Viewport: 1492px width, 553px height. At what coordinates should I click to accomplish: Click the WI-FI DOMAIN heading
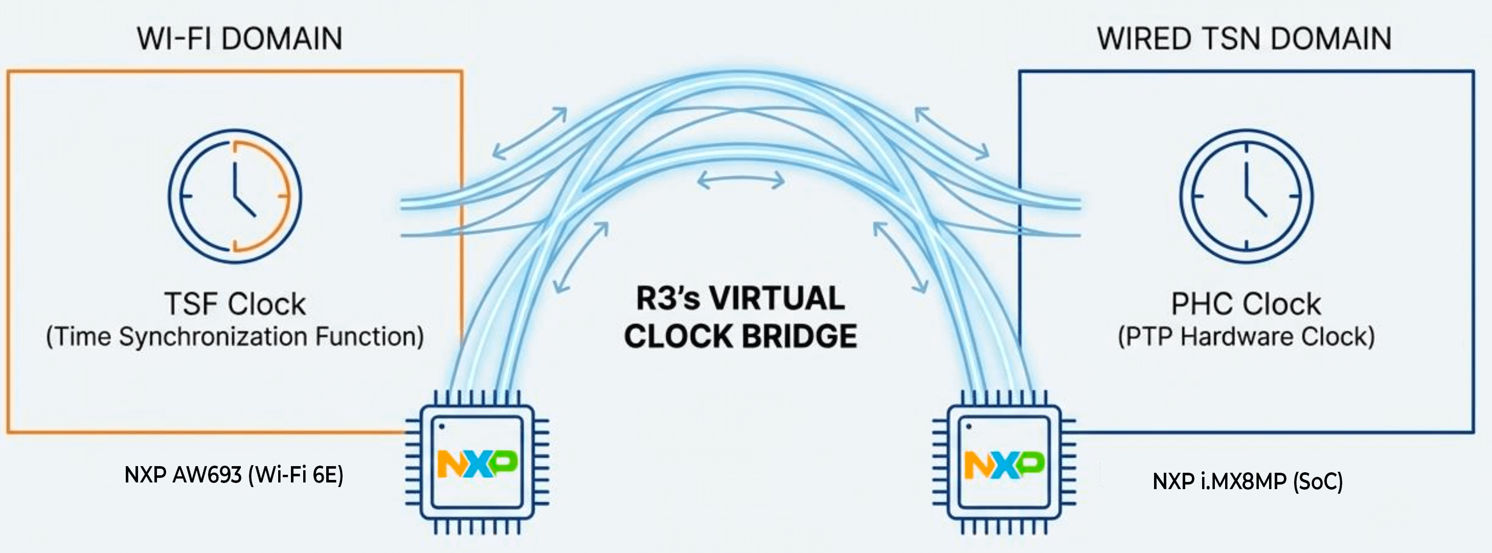click(x=239, y=39)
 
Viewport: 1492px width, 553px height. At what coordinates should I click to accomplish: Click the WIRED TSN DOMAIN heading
click(x=1244, y=39)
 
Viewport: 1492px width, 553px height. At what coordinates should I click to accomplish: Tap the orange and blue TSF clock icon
click(x=235, y=196)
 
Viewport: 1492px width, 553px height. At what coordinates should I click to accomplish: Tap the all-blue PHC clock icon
click(x=1247, y=196)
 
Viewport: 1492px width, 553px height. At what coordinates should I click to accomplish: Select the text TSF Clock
click(x=235, y=304)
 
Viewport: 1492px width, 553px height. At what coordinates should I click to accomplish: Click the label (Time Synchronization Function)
click(x=235, y=336)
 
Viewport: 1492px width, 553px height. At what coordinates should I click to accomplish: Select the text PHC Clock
click(x=1246, y=304)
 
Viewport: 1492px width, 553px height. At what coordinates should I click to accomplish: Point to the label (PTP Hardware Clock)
click(x=1246, y=336)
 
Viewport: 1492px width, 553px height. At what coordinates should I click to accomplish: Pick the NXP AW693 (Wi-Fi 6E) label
click(x=234, y=475)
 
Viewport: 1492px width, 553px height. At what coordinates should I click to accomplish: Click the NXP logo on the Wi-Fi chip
click(x=477, y=463)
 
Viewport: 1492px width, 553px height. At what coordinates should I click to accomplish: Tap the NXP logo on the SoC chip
click(x=1004, y=465)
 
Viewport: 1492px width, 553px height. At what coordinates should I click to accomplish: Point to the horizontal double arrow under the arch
click(x=741, y=180)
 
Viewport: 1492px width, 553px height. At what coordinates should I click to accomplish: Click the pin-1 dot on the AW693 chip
click(x=442, y=427)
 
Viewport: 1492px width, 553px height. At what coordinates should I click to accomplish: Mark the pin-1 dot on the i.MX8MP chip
click(x=968, y=427)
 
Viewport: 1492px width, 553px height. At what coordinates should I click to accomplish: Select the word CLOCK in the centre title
click(x=675, y=336)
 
